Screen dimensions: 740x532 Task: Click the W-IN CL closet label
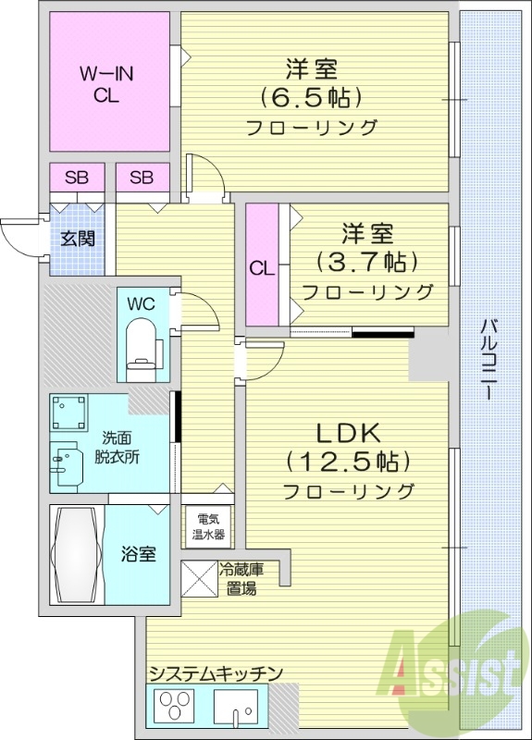[106, 83]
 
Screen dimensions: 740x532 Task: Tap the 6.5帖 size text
[311, 97]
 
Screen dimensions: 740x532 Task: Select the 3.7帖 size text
[361, 262]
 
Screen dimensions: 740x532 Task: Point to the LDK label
[348, 432]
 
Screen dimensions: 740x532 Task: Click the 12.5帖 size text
[348, 460]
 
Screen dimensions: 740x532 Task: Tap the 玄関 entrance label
[79, 239]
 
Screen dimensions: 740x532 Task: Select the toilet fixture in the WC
[142, 348]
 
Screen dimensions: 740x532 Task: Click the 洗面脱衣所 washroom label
[117, 448]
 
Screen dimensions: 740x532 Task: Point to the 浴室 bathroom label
[139, 554]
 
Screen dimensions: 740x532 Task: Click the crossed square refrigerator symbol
[199, 579]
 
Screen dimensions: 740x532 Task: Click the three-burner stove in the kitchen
[176, 710]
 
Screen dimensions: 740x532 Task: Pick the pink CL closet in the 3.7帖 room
[262, 267]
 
